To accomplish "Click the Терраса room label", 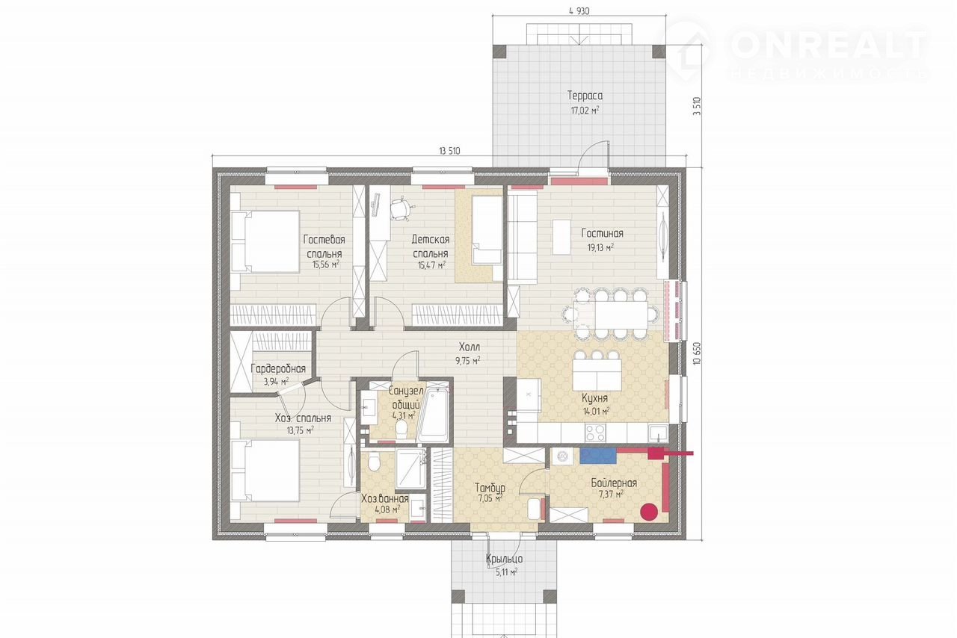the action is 585,95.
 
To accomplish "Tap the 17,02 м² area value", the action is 585,110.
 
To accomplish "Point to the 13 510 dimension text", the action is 449,151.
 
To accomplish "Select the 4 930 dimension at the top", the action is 579,11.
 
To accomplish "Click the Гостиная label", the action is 602,233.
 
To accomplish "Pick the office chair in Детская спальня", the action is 400,209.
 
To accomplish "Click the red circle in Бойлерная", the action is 649,512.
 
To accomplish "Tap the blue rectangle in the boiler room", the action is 597,456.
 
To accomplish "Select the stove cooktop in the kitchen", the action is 595,432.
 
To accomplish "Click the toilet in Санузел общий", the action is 401,430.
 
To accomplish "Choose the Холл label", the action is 469,347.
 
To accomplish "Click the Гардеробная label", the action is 278,368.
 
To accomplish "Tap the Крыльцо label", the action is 504,559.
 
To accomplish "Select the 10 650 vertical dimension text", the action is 697,353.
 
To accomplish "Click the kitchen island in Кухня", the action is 597,374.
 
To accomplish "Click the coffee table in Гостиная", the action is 561,237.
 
